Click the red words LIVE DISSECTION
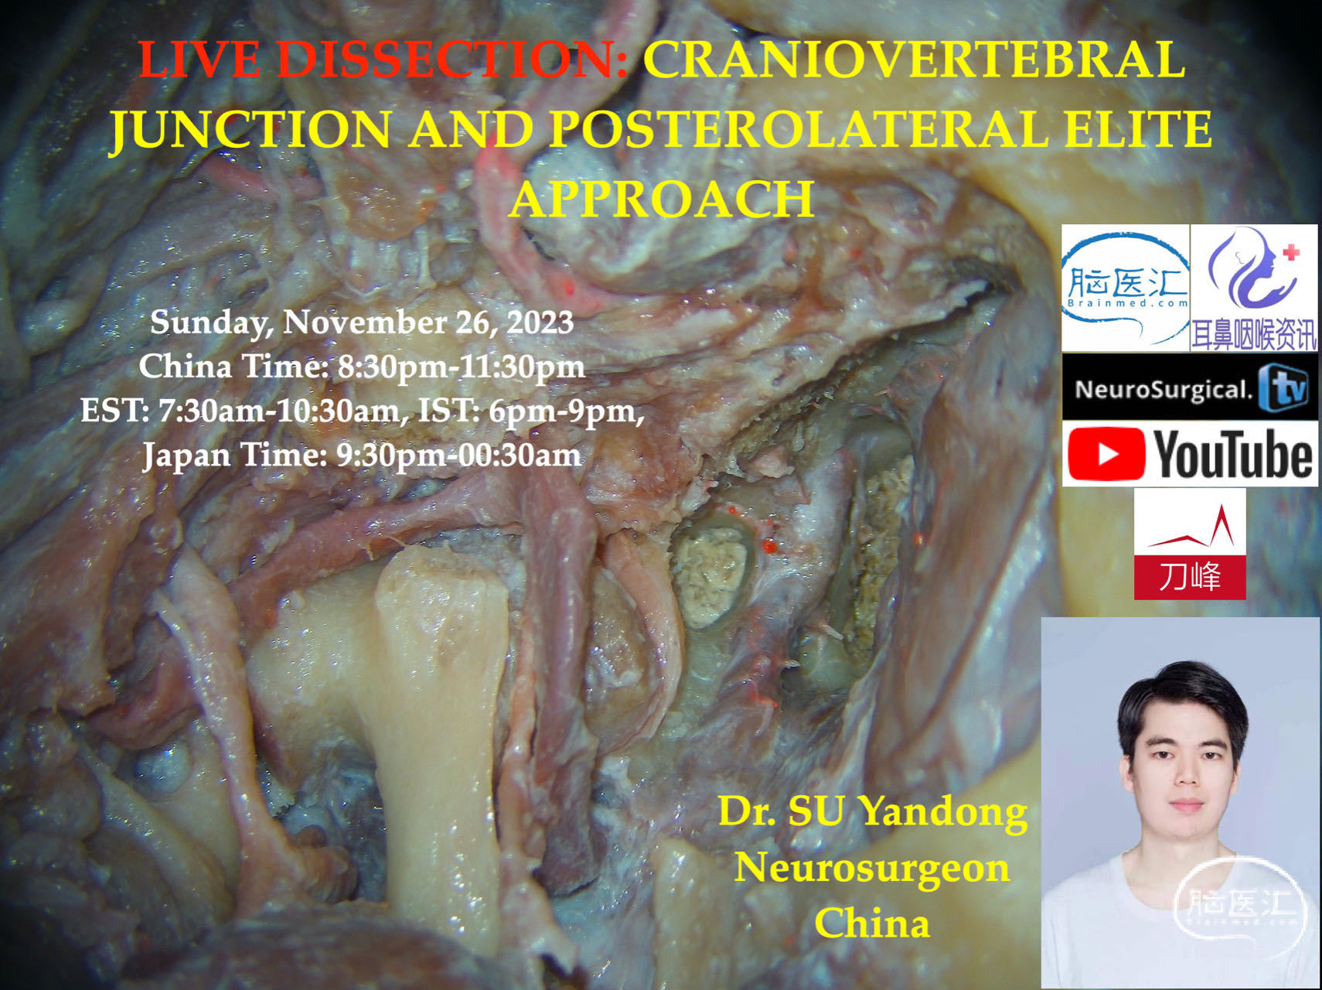(383, 60)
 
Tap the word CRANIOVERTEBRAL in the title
(915, 60)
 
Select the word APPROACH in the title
(662, 199)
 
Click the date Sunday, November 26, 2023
(362, 323)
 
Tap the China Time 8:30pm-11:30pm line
(362, 366)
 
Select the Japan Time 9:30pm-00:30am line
(362, 455)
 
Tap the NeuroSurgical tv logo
(1190, 387)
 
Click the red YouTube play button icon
(1106, 455)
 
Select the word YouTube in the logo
(1233, 455)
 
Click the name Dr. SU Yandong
(873, 812)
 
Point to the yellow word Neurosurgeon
(872, 868)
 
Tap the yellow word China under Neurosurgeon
(872, 923)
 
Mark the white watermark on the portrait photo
(1240, 905)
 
